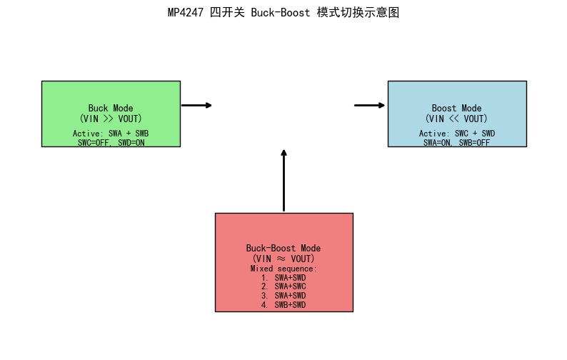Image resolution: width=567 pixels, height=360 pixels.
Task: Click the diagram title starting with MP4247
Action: pyautogui.click(x=283, y=13)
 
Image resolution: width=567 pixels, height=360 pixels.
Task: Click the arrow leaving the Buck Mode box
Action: pyautogui.click(x=196, y=105)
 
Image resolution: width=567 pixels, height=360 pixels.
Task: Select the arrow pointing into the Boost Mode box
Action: pyautogui.click(x=369, y=105)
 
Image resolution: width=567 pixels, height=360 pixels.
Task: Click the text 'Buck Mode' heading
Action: pyautogui.click(x=111, y=109)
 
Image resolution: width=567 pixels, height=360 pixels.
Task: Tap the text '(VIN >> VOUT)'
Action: pyautogui.click(x=111, y=119)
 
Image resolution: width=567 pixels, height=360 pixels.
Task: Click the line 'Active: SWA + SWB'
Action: pyautogui.click(x=111, y=134)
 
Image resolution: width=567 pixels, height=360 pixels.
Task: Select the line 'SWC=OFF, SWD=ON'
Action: pyautogui.click(x=111, y=142)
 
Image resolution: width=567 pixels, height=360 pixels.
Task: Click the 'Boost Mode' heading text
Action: pyautogui.click(x=456, y=109)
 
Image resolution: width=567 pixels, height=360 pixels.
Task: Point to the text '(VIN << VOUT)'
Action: pyautogui.click(x=456, y=119)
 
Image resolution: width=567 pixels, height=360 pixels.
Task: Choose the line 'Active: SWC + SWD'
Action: pyautogui.click(x=456, y=134)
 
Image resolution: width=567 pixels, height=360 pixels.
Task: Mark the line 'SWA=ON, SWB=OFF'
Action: pyautogui.click(x=456, y=142)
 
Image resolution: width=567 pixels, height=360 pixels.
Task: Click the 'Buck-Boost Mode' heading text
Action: pyautogui.click(x=283, y=248)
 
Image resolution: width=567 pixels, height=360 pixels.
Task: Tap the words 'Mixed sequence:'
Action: pyautogui.click(x=283, y=269)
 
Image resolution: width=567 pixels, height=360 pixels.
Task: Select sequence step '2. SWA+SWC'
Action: pyautogui.click(x=283, y=286)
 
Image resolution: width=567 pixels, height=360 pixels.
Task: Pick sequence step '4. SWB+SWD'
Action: pyautogui.click(x=283, y=305)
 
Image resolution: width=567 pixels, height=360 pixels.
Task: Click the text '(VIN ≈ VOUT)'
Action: pyautogui.click(x=283, y=258)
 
